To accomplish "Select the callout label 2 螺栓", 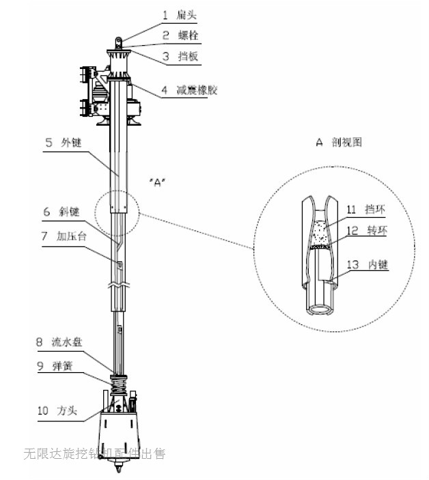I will click(x=176, y=35).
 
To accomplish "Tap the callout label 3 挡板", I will click(x=176, y=57).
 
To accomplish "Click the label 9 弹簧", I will click(x=59, y=366).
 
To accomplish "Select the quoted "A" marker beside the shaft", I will click(x=157, y=183).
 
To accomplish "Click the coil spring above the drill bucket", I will click(x=119, y=383).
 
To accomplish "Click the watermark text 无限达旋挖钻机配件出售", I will click(x=94, y=453).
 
